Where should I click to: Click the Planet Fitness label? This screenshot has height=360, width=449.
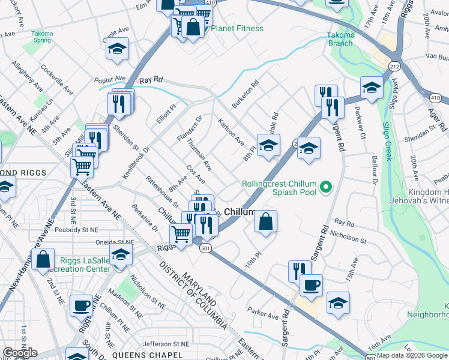pos(236,28)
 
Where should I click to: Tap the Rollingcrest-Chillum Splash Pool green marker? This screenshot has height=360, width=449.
pos(326,187)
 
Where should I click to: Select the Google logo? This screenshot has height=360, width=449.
pos(20,353)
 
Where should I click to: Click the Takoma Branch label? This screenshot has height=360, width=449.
pos(340,39)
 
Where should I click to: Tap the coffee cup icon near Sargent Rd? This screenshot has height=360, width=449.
pos(311,286)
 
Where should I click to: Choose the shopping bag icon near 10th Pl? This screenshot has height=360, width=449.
pos(265,221)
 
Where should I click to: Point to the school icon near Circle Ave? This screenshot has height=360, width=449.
pos(117,50)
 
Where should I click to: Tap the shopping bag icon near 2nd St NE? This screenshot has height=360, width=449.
pos(43,259)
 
